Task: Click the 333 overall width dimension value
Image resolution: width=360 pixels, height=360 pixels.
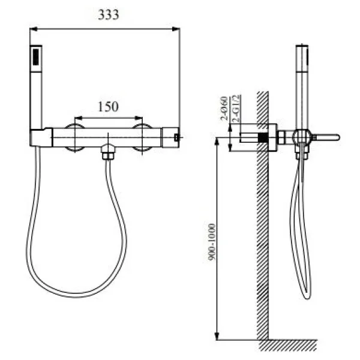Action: coord(108,16)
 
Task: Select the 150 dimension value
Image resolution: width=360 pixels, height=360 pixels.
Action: coord(107,106)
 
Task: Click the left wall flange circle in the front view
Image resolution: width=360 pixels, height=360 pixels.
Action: coord(75,137)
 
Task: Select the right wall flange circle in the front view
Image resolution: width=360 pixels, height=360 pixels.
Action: coord(142,137)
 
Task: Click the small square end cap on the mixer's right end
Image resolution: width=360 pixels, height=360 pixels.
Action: coord(176,137)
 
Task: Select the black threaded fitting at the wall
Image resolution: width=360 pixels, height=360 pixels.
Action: coord(262,137)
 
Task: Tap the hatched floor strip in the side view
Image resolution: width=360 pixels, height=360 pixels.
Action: coord(288,345)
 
